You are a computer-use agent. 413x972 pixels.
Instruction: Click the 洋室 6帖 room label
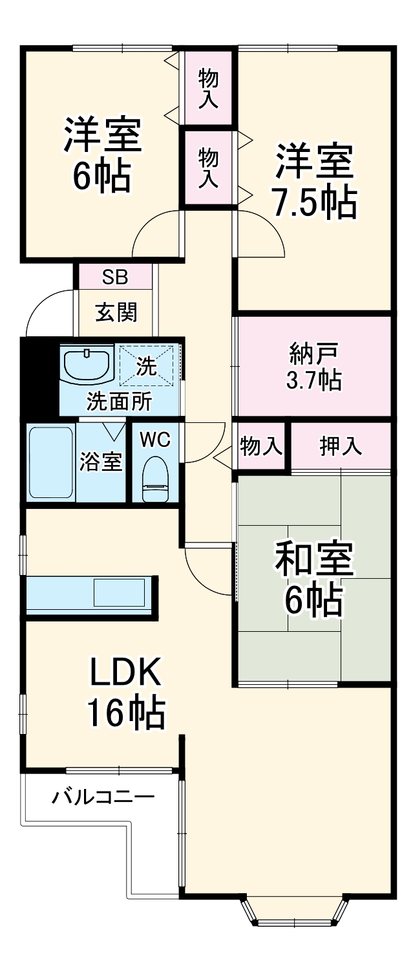click(x=101, y=155)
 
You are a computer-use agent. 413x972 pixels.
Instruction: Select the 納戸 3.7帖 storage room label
click(x=314, y=368)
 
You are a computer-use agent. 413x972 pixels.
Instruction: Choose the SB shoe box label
click(x=116, y=277)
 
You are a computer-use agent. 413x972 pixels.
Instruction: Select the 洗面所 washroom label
click(x=120, y=402)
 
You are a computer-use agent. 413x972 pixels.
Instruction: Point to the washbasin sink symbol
click(x=87, y=365)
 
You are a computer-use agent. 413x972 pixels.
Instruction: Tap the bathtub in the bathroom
click(x=51, y=462)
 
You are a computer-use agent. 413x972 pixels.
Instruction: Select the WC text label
click(x=155, y=439)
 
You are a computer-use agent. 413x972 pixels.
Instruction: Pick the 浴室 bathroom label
click(x=101, y=463)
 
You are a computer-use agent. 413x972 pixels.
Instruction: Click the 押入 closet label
click(x=341, y=446)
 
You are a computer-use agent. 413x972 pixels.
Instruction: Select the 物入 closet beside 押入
click(x=261, y=446)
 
